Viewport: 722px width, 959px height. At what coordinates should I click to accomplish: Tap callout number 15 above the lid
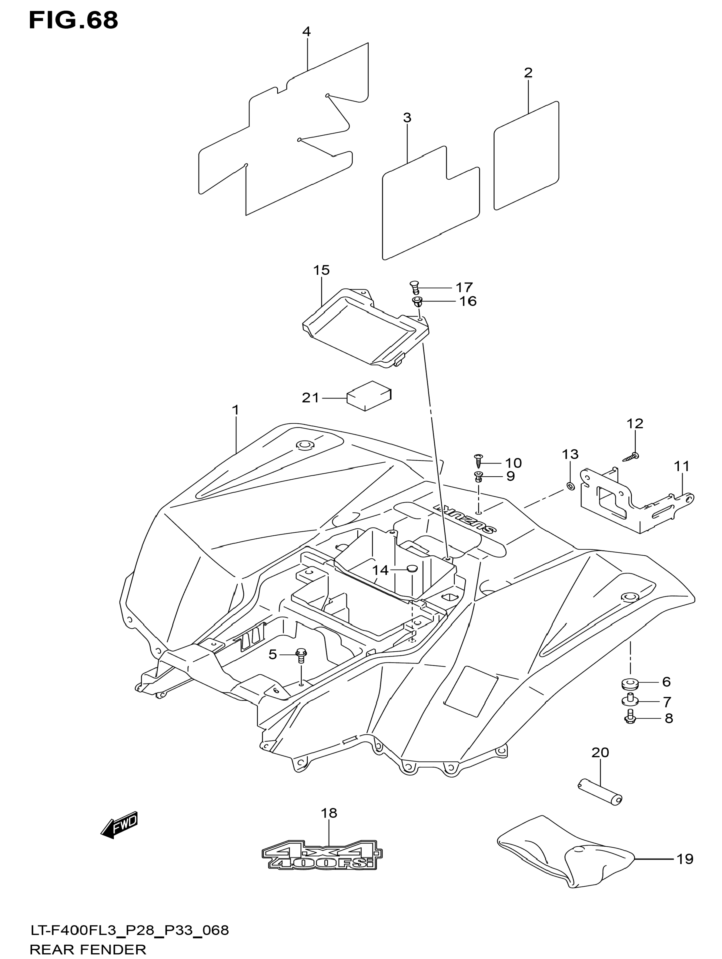coord(322,270)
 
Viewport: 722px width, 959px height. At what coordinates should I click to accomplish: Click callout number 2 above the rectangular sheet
coord(528,72)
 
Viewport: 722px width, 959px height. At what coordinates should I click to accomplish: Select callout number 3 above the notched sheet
coord(407,117)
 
